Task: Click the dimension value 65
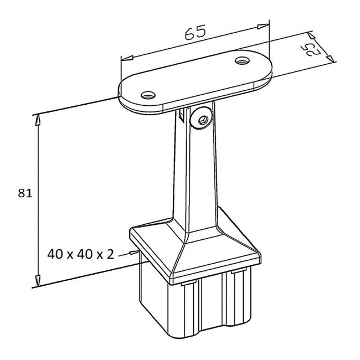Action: (x=195, y=32)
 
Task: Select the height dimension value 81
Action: (x=25, y=193)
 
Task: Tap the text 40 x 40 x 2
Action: (x=81, y=254)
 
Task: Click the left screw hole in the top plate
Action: (x=148, y=95)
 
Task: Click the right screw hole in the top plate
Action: (x=243, y=60)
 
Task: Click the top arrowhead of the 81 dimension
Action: (x=38, y=120)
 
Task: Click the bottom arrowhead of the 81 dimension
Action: (x=38, y=281)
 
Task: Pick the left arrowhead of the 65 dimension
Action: (x=127, y=58)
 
